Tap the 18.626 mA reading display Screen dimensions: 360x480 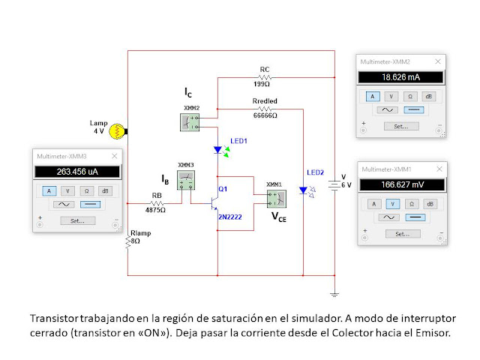click(x=402, y=76)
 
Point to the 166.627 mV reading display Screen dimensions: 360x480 click(x=402, y=184)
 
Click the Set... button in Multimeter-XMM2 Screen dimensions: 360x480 click(x=401, y=126)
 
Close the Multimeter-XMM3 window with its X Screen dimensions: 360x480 click(x=115, y=155)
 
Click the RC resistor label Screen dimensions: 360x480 click(x=265, y=70)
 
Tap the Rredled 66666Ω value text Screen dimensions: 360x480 click(x=264, y=115)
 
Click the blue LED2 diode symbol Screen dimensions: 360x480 click(x=303, y=190)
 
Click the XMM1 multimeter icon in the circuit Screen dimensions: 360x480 click(x=274, y=197)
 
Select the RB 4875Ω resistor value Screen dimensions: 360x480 click(x=155, y=210)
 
